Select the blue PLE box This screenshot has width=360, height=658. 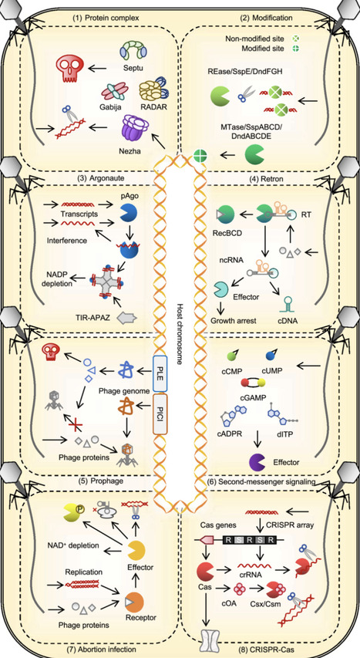click(161, 369)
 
